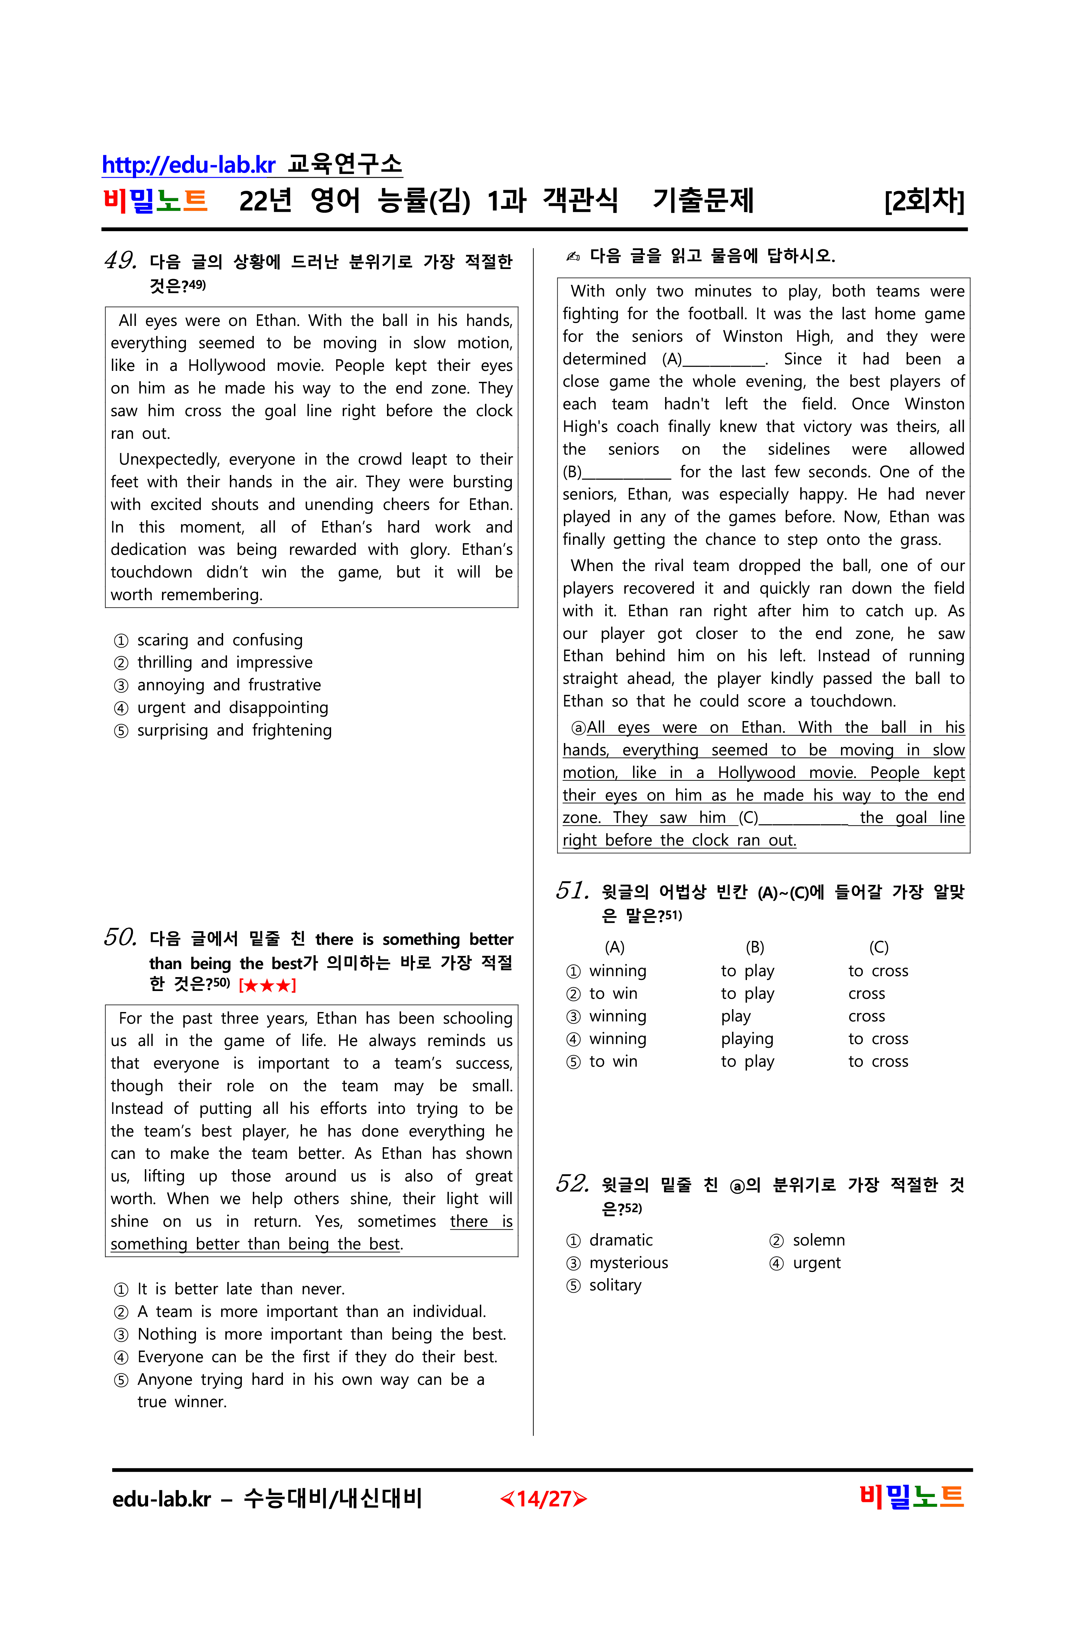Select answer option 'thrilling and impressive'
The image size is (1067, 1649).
tap(224, 663)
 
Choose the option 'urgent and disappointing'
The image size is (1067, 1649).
tap(232, 707)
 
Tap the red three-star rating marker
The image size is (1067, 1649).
tap(267, 985)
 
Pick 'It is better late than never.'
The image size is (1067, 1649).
tap(241, 1289)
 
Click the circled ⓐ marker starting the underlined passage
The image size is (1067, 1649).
tap(578, 727)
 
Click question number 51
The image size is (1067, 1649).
tap(572, 890)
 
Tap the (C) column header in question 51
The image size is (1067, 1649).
tap(878, 947)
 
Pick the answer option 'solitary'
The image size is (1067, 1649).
tap(615, 1285)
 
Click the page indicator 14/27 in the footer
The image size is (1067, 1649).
tap(543, 1499)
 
